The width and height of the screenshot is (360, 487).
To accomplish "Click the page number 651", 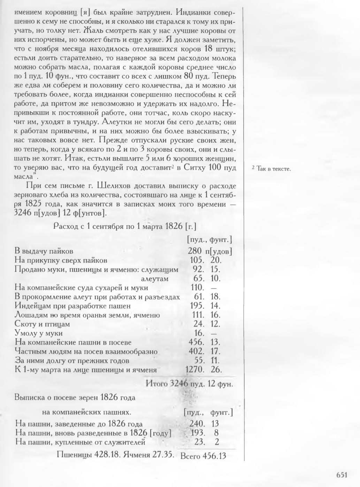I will [342, 474].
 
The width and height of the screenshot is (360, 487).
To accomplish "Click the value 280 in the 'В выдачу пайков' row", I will [195, 251].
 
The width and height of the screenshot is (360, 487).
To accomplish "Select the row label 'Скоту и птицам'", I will [42, 324].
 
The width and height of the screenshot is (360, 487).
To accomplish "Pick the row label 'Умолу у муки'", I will [39, 333].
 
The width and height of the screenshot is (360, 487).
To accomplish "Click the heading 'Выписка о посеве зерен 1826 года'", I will [75, 397].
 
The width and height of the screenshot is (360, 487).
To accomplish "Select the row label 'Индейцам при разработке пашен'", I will [72, 306].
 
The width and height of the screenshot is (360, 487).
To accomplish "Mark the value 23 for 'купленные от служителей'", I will [199, 442].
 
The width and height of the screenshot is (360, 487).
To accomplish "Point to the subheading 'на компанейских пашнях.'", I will [86, 412].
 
